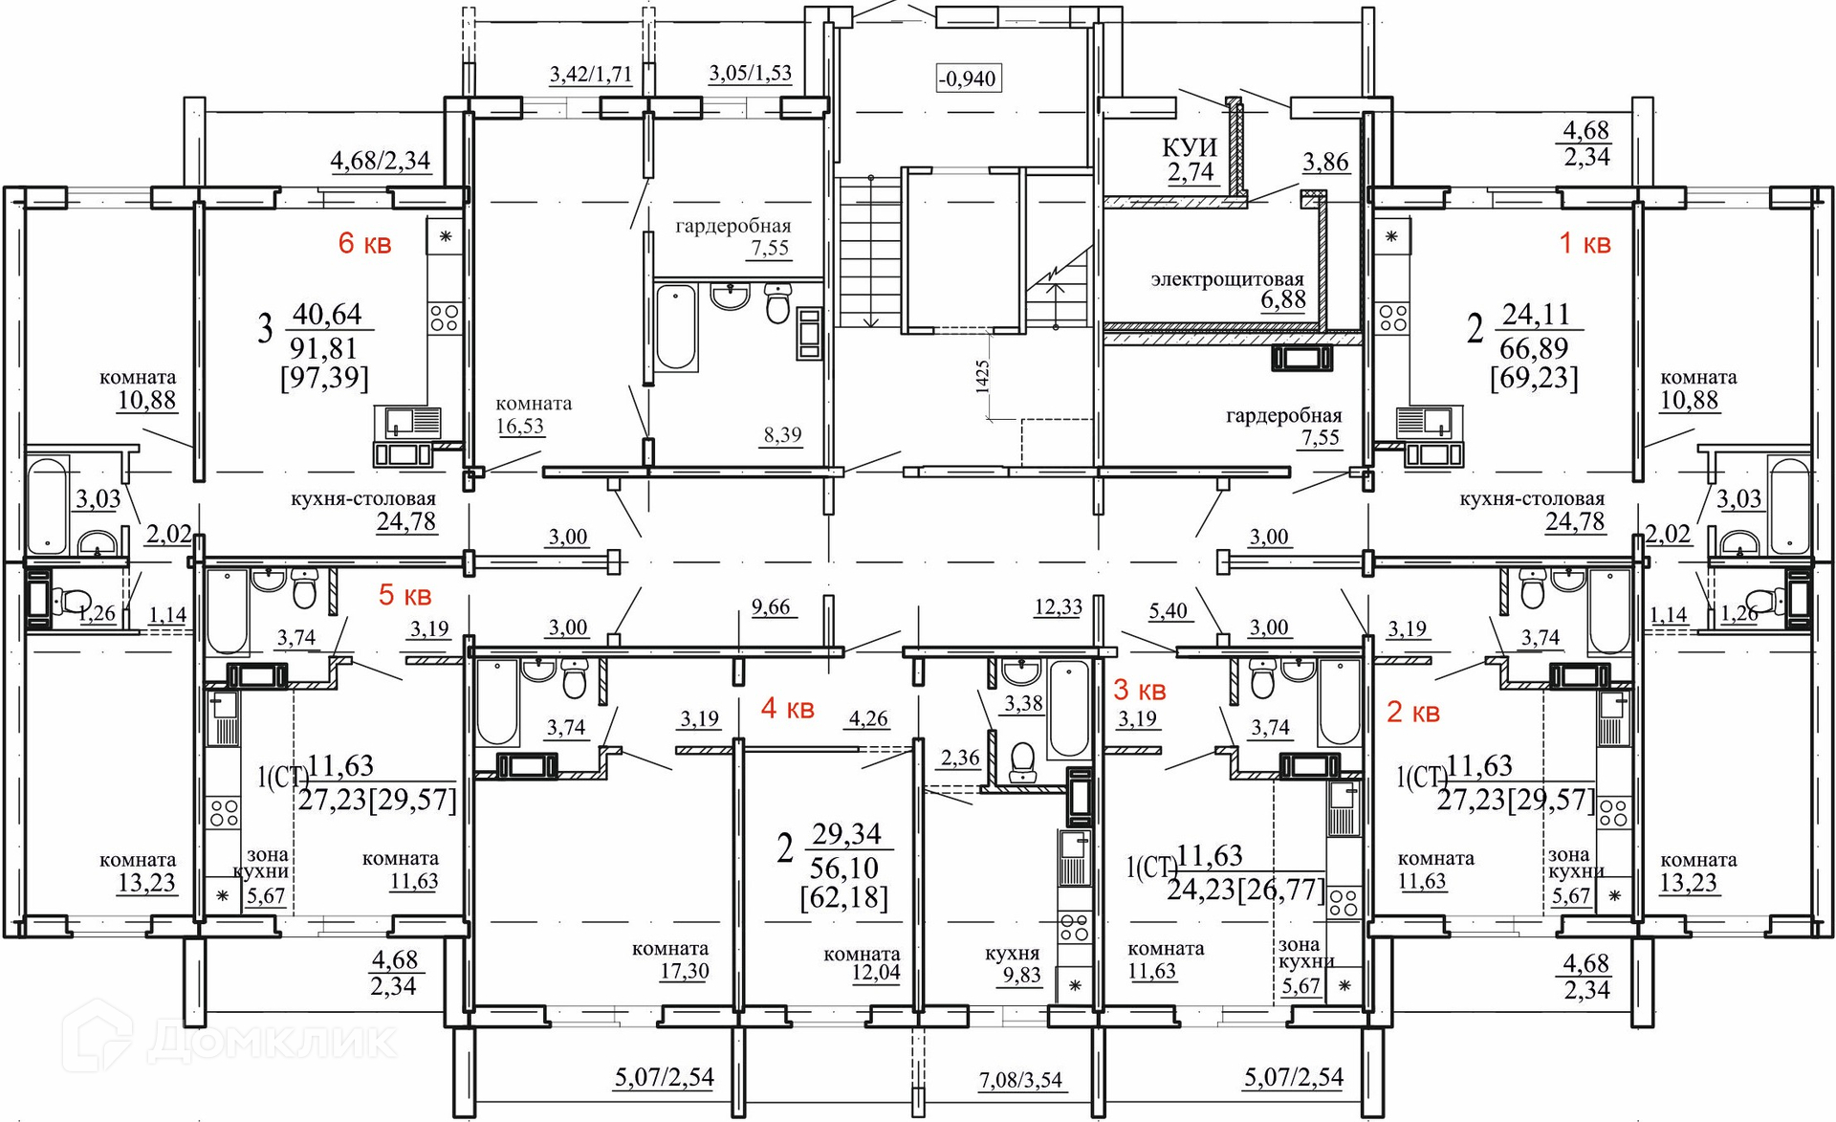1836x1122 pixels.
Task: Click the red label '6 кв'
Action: click(364, 243)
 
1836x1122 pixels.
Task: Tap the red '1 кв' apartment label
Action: click(1585, 243)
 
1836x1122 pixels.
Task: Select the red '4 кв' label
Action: click(787, 709)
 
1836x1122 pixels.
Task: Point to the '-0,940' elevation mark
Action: click(968, 77)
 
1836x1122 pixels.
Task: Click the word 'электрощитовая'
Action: click(1228, 279)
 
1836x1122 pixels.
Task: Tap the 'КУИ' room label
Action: click(1190, 147)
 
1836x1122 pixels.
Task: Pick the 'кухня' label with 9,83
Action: click(1012, 954)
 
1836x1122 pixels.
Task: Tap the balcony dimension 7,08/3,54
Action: click(1020, 1080)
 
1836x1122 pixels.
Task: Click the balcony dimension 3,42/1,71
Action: click(591, 74)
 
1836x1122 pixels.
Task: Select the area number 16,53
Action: click(520, 426)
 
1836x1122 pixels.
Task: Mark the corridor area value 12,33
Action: click(1058, 606)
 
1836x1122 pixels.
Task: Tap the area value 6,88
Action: click(1283, 299)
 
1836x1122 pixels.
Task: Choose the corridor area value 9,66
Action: click(771, 606)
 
